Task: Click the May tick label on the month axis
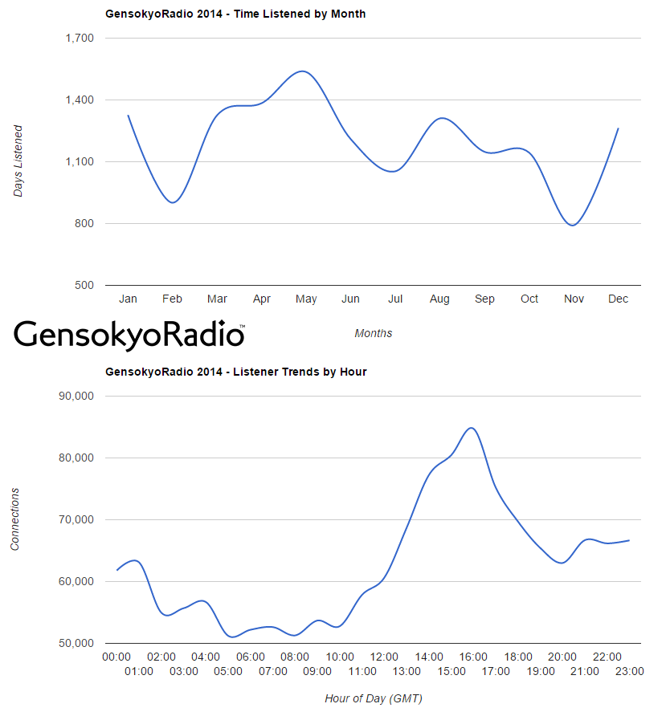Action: click(306, 299)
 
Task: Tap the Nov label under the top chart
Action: click(574, 299)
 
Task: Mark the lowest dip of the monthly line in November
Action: click(572, 225)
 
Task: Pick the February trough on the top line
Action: click(172, 202)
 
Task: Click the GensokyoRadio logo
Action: click(129, 334)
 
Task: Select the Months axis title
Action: click(374, 333)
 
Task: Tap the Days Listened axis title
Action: click(18, 161)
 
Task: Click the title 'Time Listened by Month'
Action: click(235, 14)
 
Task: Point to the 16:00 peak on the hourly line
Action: click(472, 428)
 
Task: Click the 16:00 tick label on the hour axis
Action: click(474, 657)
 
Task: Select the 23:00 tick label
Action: click(629, 671)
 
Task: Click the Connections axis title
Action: click(15, 519)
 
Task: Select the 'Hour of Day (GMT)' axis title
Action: click(374, 698)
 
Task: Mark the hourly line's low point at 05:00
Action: click(233, 637)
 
